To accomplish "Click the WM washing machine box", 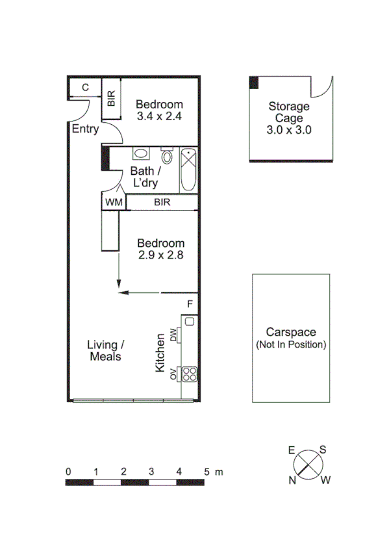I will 114,203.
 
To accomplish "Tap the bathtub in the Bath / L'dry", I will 188,170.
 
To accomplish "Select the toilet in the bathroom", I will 166,156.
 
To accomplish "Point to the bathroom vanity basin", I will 142,154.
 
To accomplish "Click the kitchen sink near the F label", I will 190,320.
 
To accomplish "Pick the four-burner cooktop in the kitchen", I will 190,374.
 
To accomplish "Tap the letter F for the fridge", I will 190,304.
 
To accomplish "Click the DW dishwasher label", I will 173,335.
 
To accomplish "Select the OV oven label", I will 173,374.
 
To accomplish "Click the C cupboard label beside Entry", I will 85,88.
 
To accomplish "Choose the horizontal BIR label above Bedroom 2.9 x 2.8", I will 162,203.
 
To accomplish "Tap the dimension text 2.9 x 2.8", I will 160,255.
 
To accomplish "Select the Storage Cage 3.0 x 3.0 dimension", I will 290,129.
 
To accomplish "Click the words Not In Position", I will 291,344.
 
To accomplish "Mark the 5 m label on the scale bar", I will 212,472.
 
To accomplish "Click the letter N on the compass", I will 293,480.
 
